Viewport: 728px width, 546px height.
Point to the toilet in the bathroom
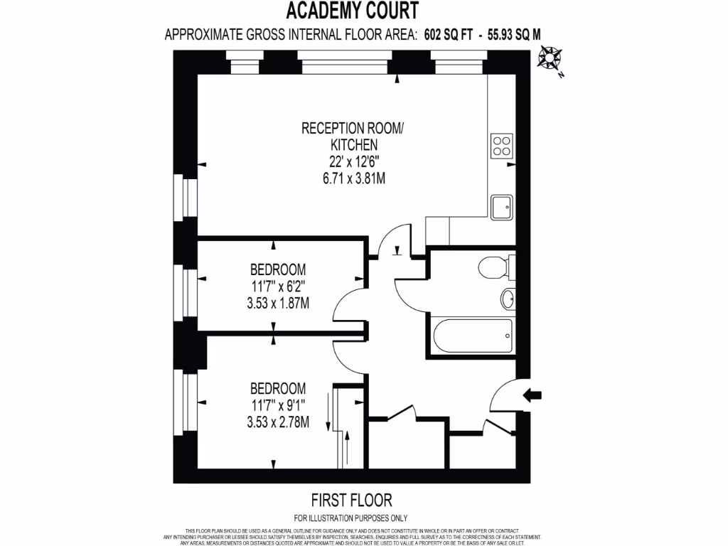492,269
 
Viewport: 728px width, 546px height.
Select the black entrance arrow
532,395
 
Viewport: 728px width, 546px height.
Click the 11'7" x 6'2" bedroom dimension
278,287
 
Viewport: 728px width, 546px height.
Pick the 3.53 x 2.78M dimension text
278,422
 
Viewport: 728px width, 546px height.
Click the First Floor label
351,500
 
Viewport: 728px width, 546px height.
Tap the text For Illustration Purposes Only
351,518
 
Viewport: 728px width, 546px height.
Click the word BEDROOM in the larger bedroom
278,389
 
